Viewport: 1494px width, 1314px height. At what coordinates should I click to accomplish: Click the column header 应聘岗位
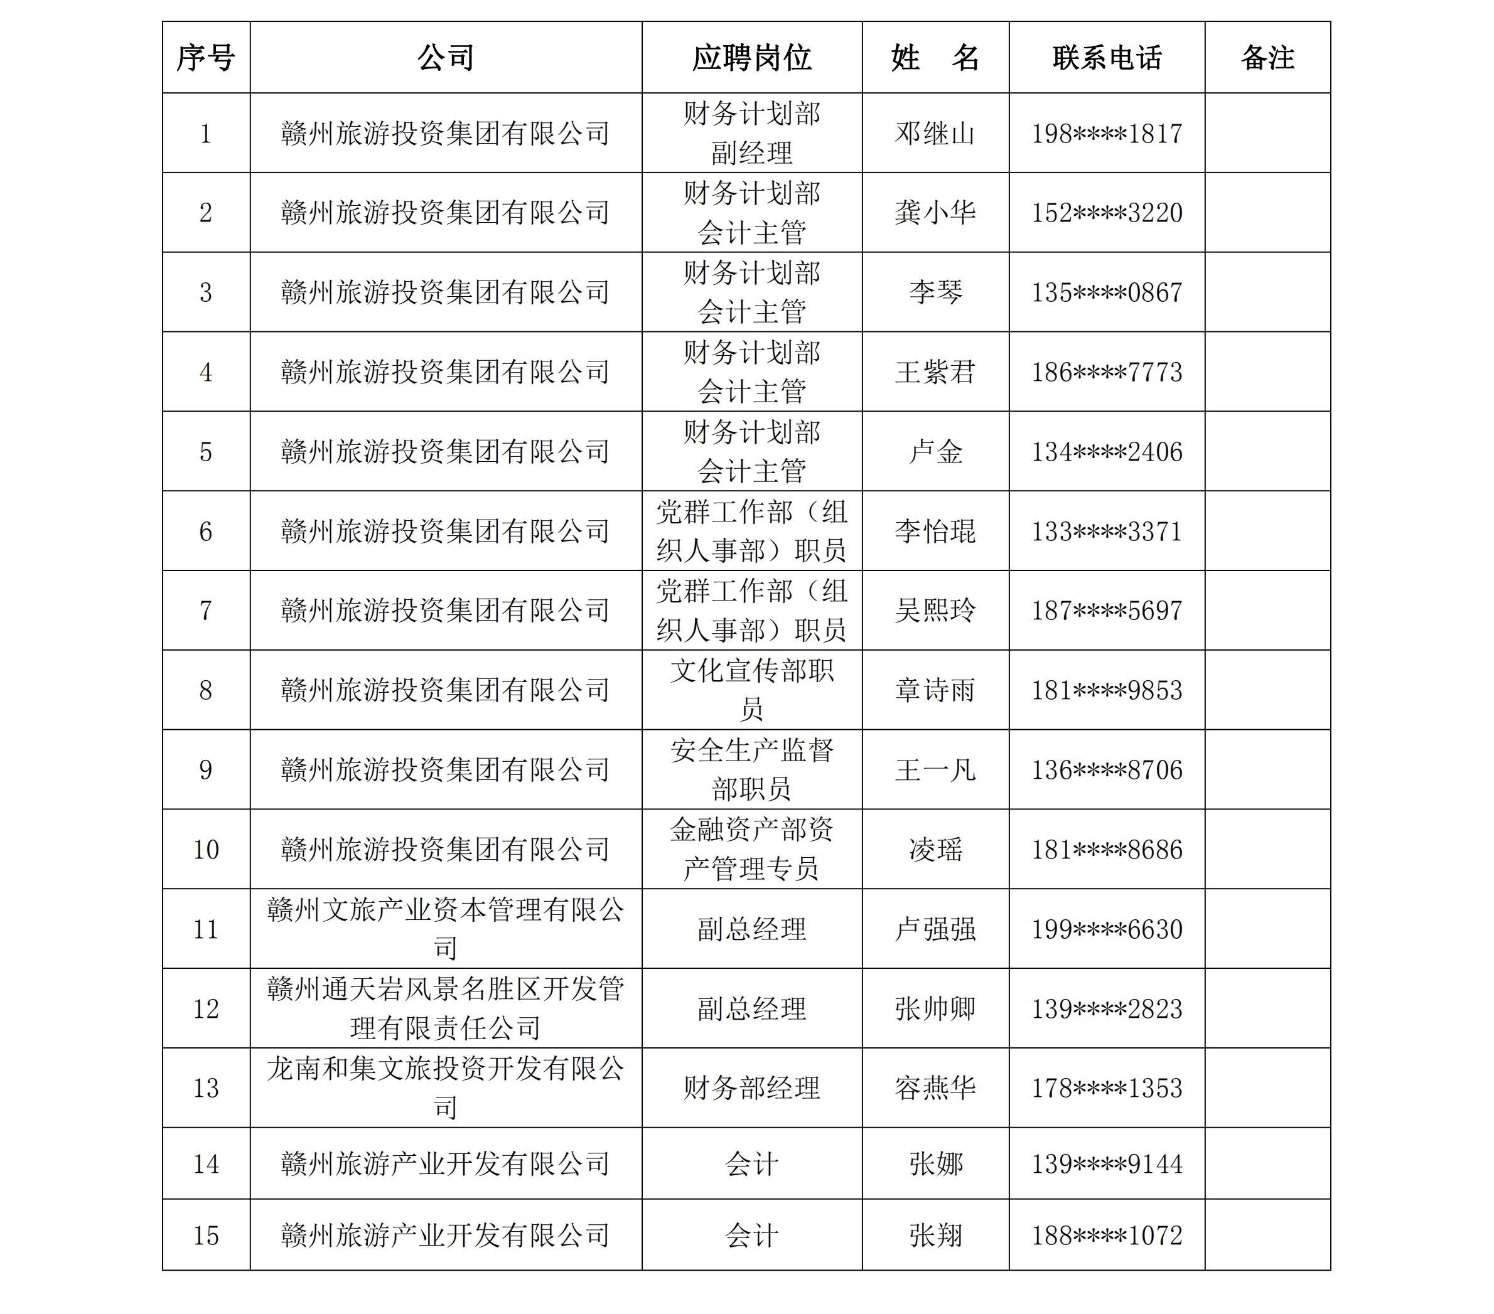click(x=751, y=58)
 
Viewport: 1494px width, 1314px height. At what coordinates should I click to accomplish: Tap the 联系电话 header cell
click(x=1107, y=58)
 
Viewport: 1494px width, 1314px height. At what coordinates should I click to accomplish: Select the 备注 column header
click(x=1267, y=58)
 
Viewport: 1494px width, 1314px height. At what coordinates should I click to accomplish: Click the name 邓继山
click(x=935, y=134)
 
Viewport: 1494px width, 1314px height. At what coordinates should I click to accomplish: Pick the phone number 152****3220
click(x=1107, y=213)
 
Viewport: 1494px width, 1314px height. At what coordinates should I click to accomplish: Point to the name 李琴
click(x=935, y=292)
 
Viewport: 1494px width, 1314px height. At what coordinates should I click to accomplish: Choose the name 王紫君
click(x=935, y=372)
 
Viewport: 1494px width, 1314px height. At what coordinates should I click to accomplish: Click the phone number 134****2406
click(x=1107, y=452)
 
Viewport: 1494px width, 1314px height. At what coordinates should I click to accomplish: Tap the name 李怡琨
click(x=935, y=531)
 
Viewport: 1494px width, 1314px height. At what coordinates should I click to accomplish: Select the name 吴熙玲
click(x=935, y=610)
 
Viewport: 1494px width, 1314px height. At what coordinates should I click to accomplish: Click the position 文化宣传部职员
click(x=751, y=689)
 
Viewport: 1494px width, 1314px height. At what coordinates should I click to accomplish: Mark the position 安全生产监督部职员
click(x=751, y=769)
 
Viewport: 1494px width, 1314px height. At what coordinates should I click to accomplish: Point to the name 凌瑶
click(x=935, y=849)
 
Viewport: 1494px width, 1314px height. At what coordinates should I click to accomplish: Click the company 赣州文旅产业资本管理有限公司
click(x=445, y=928)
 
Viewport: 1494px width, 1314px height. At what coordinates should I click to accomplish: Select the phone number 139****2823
click(x=1107, y=1008)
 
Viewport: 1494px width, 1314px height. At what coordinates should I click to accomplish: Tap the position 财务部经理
click(x=751, y=1088)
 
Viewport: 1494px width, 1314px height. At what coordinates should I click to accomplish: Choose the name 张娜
click(x=935, y=1163)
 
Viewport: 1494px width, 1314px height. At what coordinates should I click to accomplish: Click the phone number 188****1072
click(x=1107, y=1235)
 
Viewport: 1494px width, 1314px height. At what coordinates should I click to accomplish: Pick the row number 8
click(x=205, y=690)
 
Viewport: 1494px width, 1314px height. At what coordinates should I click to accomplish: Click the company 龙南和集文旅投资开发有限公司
click(x=445, y=1087)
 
